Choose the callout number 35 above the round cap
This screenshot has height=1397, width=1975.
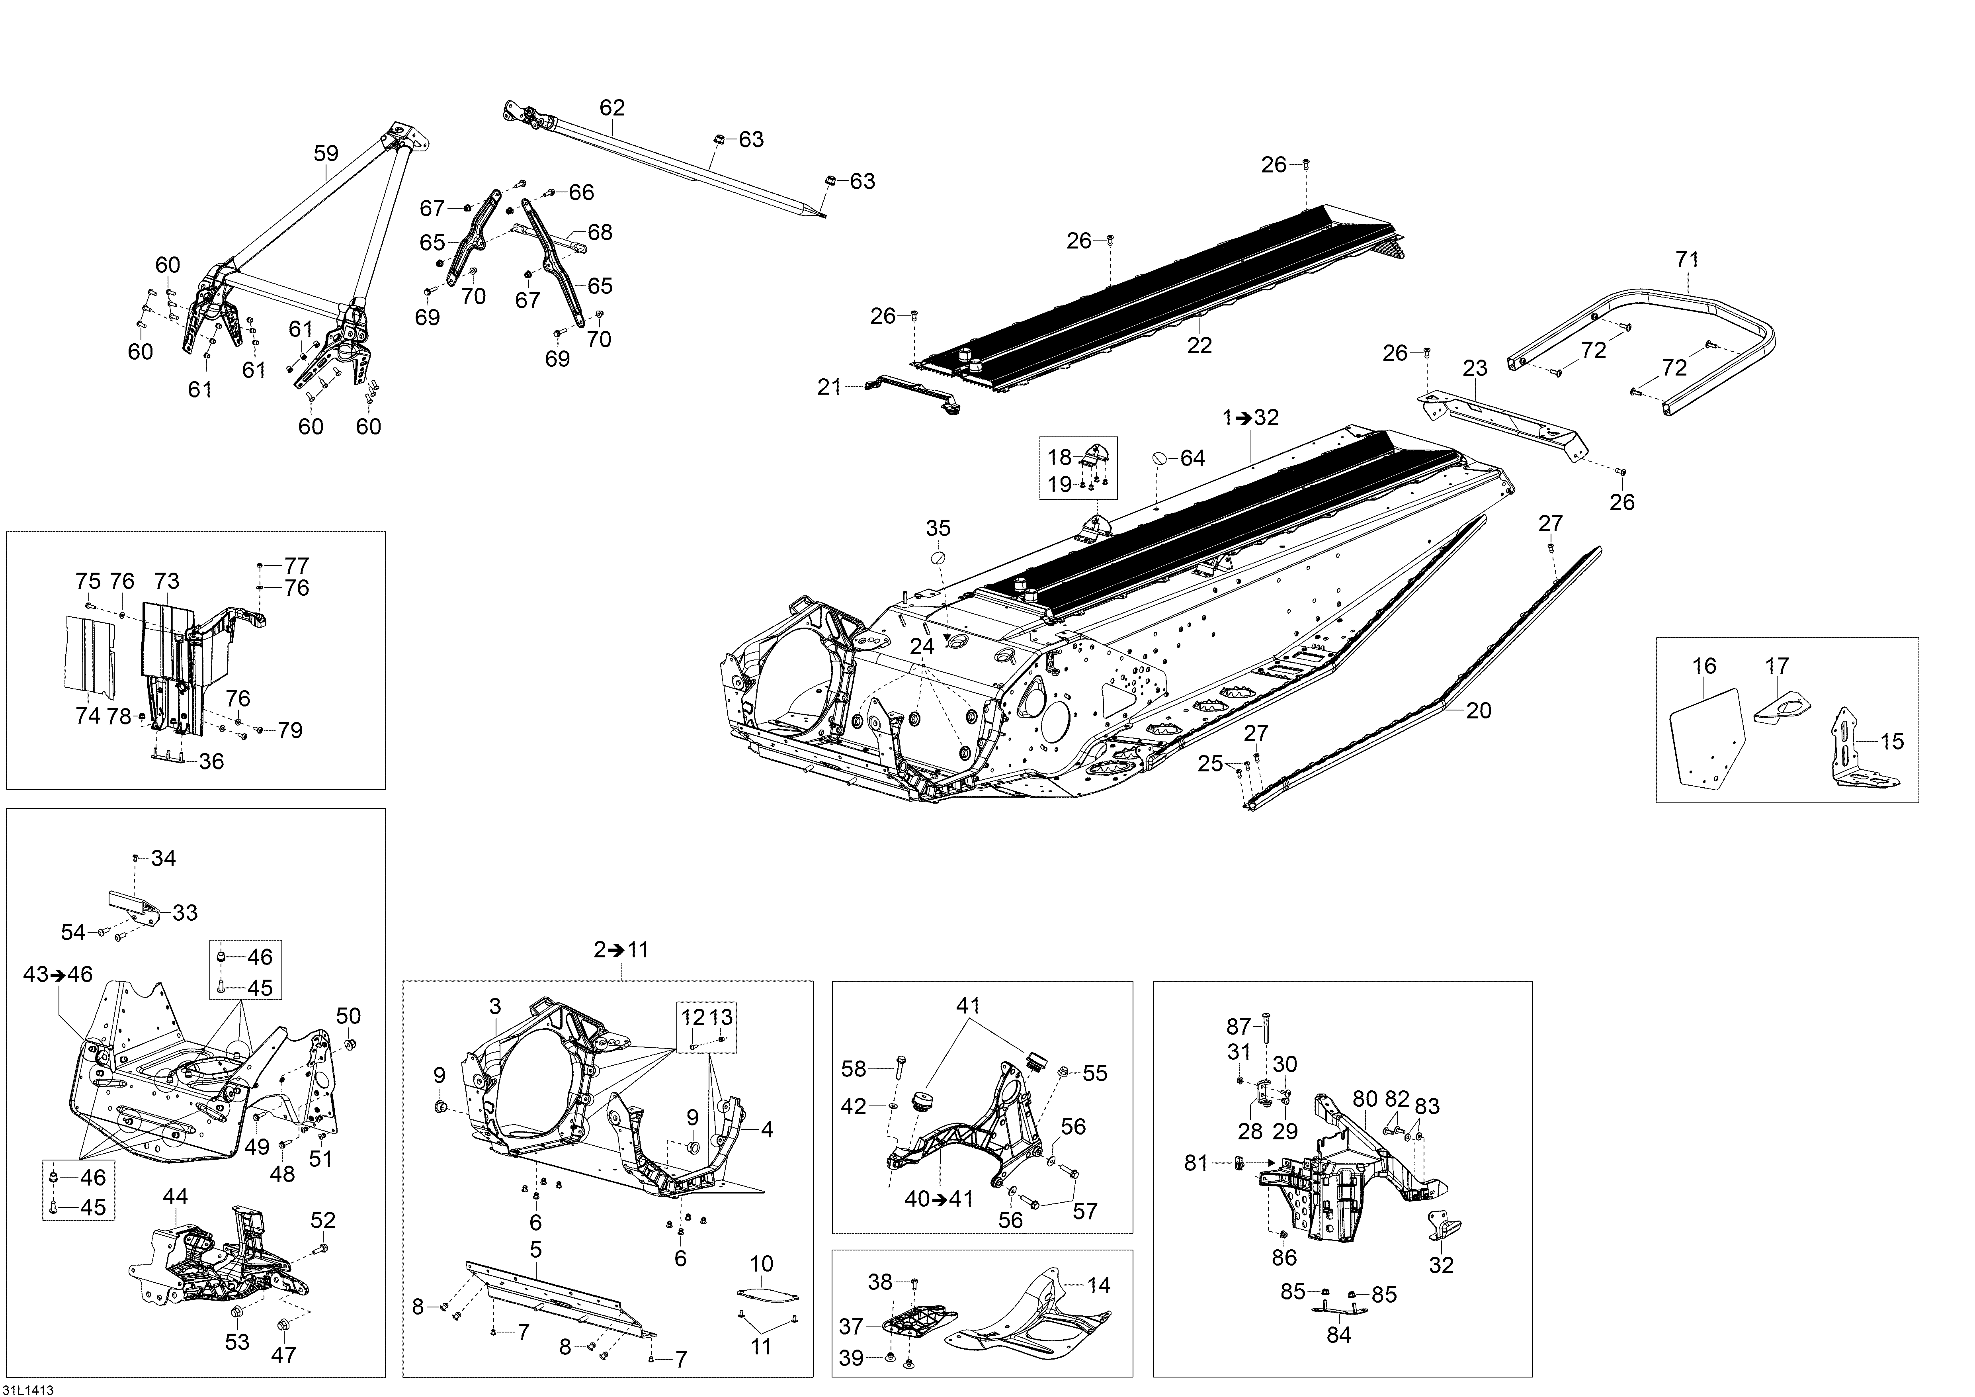pos(938,527)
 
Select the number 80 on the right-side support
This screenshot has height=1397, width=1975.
pos(1365,1100)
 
